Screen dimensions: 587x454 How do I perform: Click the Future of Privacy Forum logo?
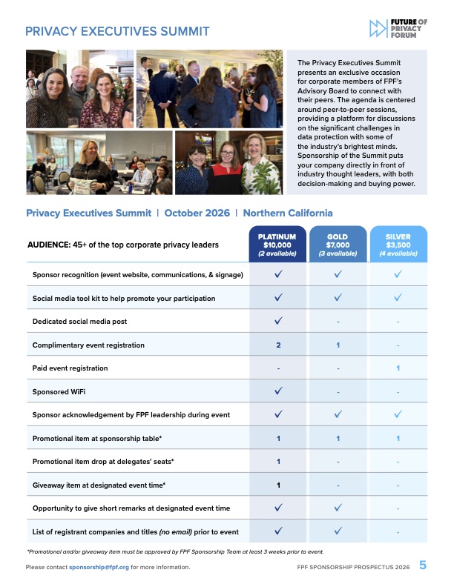pyautogui.click(x=398, y=29)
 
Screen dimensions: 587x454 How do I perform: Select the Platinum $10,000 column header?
pyautogui.click(x=277, y=245)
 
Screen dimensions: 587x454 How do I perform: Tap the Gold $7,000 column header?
pyautogui.click(x=338, y=245)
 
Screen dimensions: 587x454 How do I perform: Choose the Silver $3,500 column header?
pyautogui.click(x=398, y=245)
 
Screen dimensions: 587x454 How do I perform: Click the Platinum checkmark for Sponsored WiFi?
pyautogui.click(x=278, y=391)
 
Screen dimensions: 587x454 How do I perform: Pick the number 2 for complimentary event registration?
pyautogui.click(x=278, y=345)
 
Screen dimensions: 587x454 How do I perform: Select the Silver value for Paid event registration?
pyautogui.click(x=398, y=368)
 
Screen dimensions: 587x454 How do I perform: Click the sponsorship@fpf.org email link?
pyautogui.click(x=99, y=567)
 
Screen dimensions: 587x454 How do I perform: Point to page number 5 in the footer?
pyautogui.click(x=423, y=566)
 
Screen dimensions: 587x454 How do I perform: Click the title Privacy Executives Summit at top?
pyautogui.click(x=117, y=31)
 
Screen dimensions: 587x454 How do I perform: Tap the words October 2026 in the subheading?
pyautogui.click(x=197, y=213)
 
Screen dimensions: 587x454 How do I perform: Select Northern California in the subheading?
pyautogui.click(x=288, y=213)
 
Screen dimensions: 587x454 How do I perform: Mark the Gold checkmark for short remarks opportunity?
pyautogui.click(x=338, y=508)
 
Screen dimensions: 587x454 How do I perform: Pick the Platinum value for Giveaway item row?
pyautogui.click(x=278, y=485)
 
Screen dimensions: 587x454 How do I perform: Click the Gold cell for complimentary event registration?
pyautogui.click(x=338, y=345)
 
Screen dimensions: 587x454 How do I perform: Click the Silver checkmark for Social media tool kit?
pyautogui.click(x=398, y=298)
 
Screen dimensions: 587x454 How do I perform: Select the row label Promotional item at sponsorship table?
pyautogui.click(x=103, y=439)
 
